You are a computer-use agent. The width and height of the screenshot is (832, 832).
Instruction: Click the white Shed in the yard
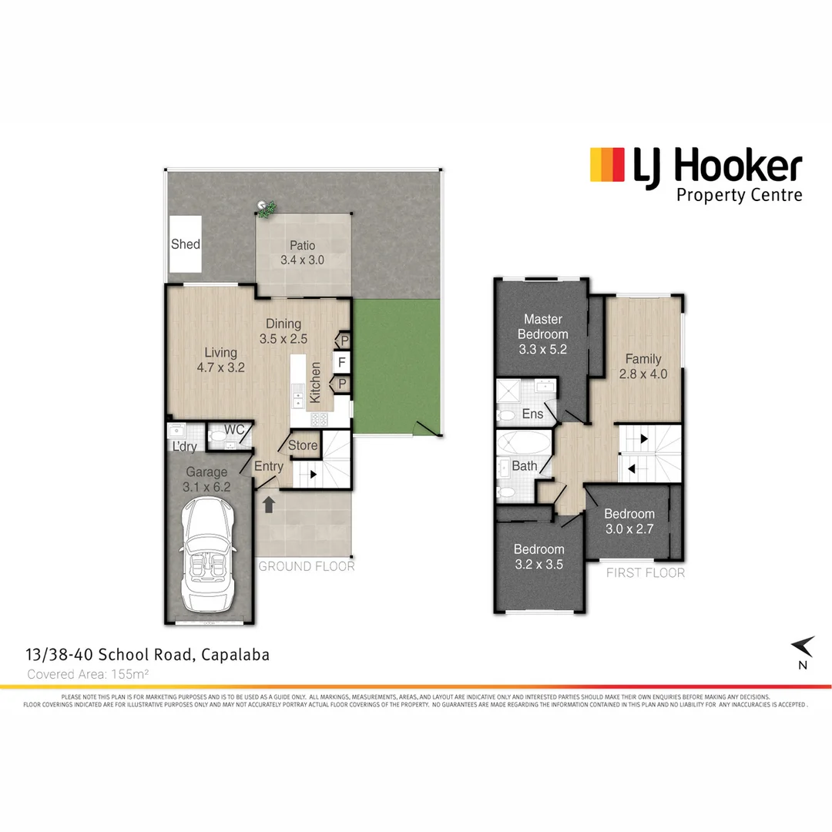(186, 244)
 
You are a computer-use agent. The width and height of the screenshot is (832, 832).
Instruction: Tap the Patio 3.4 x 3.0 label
(302, 253)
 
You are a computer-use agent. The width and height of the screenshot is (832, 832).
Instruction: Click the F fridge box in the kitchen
(340, 361)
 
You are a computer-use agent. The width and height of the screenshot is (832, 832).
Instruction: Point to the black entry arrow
(269, 505)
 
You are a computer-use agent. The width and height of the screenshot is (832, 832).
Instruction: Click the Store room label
(303, 445)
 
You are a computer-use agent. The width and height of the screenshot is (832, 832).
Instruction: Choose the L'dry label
(184, 448)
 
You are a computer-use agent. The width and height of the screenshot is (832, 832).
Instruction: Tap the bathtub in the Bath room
(522, 444)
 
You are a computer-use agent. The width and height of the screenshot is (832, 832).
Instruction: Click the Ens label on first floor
(532, 414)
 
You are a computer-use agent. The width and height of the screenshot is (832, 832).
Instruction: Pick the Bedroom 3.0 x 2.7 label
(629, 522)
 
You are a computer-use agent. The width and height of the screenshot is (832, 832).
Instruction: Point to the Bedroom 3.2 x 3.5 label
(539, 557)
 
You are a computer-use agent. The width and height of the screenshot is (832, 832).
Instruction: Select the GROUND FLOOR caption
(307, 566)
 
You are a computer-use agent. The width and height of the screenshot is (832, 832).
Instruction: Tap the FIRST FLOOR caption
(646, 572)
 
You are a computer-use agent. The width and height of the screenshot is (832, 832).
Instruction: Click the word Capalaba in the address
(236, 656)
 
